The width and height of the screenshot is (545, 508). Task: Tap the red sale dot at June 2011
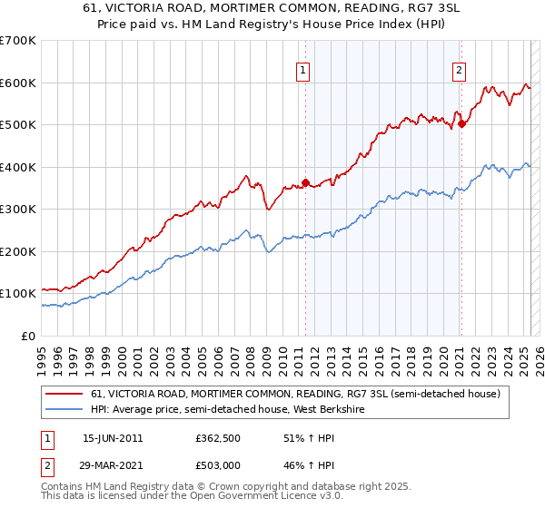[x=305, y=182]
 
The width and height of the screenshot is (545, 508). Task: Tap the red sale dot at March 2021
[x=461, y=124]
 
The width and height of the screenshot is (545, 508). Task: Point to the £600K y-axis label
[x=18, y=83]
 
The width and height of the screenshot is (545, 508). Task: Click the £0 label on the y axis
[x=29, y=336]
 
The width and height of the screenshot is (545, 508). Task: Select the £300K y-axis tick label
[x=18, y=210]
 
